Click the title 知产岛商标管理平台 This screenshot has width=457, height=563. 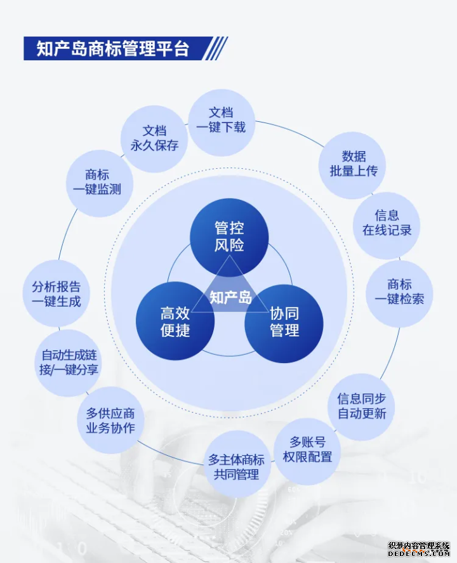click(x=113, y=48)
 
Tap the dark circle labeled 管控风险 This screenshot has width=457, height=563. click(x=229, y=237)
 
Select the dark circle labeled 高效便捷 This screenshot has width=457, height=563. click(x=175, y=321)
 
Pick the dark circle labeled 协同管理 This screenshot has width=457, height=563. click(x=284, y=323)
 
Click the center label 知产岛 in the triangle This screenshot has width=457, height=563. click(x=230, y=297)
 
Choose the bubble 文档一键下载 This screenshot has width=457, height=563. click(x=222, y=123)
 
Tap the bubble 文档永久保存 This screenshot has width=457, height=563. click(x=154, y=138)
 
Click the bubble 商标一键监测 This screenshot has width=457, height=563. click(x=100, y=183)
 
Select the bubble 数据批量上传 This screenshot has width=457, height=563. click(x=352, y=165)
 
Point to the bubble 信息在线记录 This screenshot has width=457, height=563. click(x=387, y=225)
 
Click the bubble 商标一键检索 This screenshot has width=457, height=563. click(x=399, y=294)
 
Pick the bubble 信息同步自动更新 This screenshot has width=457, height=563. click(x=361, y=407)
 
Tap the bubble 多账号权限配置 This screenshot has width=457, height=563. click(x=307, y=451)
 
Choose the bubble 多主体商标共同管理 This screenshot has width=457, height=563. click(x=237, y=464)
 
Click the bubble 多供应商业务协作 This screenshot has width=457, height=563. click(x=110, y=420)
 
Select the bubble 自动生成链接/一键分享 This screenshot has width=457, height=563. click(x=68, y=363)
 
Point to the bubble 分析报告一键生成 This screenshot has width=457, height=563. click(x=56, y=293)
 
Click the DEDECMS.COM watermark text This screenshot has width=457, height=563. click(x=419, y=554)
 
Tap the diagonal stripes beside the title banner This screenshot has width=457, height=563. click(x=215, y=48)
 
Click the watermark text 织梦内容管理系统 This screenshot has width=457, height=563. click(x=419, y=546)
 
